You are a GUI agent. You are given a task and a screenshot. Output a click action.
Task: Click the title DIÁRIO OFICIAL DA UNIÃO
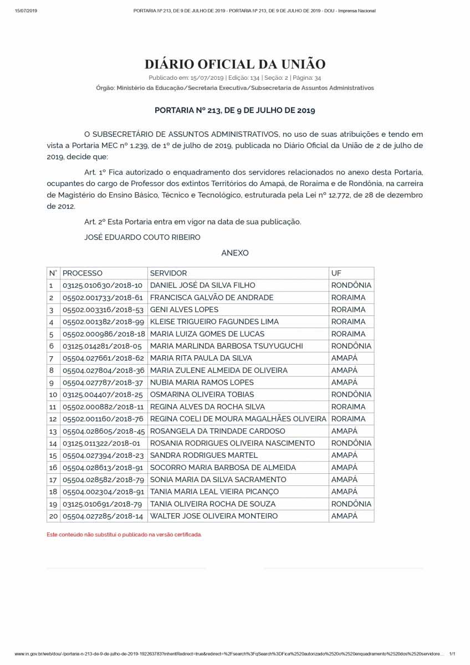pos(235,64)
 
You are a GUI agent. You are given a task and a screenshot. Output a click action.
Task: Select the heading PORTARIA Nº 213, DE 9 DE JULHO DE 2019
pos(235,110)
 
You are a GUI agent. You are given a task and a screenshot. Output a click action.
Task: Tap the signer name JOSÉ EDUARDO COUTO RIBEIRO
pos(142,237)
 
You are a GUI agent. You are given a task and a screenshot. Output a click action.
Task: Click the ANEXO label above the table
pos(235,253)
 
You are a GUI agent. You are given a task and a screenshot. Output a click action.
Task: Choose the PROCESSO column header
pos(83,273)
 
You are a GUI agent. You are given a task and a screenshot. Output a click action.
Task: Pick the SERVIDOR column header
pos(168,273)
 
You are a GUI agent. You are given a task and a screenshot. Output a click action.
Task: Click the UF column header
pos(336,273)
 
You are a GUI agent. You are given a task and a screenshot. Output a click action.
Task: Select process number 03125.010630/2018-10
pos(103,285)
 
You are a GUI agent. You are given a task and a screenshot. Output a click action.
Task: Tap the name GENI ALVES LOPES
pos(185,310)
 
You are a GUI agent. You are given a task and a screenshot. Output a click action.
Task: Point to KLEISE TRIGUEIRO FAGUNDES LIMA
pos(214,322)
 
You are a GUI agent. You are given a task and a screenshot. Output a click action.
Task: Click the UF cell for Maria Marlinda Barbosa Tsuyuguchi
pos(351,346)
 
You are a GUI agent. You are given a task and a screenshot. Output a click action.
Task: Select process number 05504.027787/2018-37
pos(103,382)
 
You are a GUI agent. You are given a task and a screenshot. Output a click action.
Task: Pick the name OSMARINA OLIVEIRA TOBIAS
pos(202,395)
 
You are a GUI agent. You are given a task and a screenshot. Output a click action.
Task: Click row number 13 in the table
pos(53,431)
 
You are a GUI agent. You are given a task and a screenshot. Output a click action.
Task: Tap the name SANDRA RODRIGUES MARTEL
pos(204,456)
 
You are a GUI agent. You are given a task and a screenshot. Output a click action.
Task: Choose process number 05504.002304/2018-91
pos(103,492)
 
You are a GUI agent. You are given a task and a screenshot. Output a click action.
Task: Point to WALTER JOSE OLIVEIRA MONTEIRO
pos(214,516)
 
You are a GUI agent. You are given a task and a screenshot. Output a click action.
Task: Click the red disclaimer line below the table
pos(124,535)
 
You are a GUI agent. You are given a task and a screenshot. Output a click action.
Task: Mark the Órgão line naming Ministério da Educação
pos(235,88)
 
